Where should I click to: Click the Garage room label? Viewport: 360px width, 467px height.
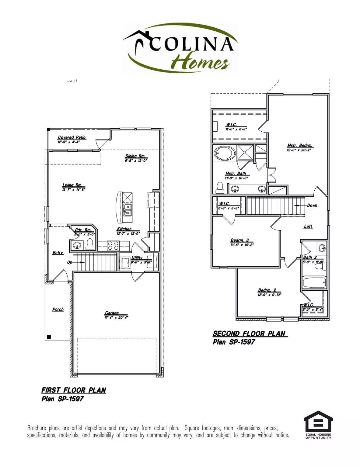click(x=112, y=313)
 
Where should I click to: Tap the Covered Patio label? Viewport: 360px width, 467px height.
click(x=72, y=137)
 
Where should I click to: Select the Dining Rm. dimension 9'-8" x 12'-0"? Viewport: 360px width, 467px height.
click(x=136, y=161)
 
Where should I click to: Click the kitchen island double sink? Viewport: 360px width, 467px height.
click(x=128, y=210)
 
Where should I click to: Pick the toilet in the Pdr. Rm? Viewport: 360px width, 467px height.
click(x=90, y=244)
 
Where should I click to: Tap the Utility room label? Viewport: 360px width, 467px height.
click(x=137, y=258)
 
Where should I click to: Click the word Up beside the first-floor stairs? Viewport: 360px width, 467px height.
click(x=70, y=262)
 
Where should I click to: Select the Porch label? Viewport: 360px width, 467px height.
click(x=58, y=309)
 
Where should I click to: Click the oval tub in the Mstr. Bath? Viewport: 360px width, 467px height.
click(x=225, y=153)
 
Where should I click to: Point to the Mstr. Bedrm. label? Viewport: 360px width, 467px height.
click(x=300, y=145)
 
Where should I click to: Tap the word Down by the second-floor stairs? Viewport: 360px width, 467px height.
click(x=312, y=205)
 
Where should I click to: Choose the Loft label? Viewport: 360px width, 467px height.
click(x=308, y=227)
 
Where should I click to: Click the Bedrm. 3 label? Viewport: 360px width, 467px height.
click(x=239, y=240)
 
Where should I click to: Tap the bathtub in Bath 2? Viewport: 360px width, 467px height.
click(x=314, y=283)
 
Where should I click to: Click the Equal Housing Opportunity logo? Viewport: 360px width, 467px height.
click(x=318, y=425)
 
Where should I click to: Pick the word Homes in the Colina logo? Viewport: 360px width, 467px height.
click(x=200, y=63)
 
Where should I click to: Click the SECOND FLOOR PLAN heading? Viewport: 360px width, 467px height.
click(x=249, y=334)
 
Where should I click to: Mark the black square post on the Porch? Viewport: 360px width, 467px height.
click(x=49, y=337)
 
